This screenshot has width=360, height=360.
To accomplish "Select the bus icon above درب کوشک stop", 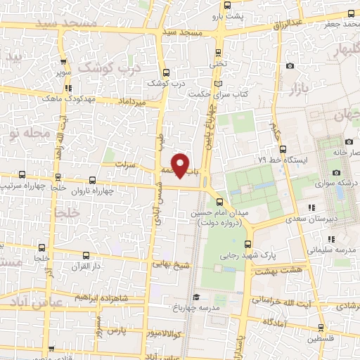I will point(165,72).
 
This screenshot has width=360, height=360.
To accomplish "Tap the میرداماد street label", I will point(131,103).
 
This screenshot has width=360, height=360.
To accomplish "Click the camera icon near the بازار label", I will point(290,66).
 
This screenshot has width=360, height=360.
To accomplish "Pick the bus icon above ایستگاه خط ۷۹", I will point(283,149).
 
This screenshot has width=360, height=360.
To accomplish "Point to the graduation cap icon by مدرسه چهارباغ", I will point(198,297).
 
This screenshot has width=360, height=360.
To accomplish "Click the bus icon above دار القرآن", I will point(42,247).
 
